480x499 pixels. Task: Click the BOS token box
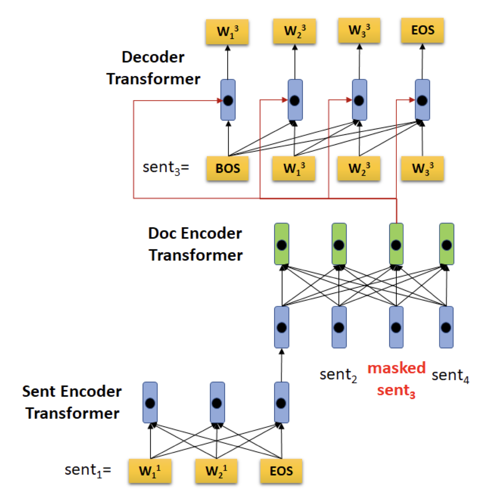[x=227, y=168]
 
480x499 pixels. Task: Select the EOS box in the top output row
[x=422, y=30]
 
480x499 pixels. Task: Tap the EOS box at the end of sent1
[x=281, y=471]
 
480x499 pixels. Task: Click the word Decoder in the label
[x=153, y=57]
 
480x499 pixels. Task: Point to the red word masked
[x=396, y=368]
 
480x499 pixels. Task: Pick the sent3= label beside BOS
[x=166, y=168]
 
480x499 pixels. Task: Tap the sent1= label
[x=88, y=470]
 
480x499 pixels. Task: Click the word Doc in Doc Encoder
[x=161, y=233]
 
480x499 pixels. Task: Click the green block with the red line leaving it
[x=396, y=244]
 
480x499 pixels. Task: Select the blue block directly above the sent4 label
[x=446, y=327]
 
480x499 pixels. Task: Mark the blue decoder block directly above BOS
[x=228, y=100]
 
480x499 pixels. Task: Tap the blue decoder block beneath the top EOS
[x=422, y=100]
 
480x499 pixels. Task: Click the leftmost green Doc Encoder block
[x=282, y=244]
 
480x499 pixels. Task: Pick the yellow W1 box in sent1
[x=150, y=471]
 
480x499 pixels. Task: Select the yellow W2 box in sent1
[x=216, y=471]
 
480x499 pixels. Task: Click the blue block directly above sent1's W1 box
[x=150, y=402]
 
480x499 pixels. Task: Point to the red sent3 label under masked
[x=396, y=391]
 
